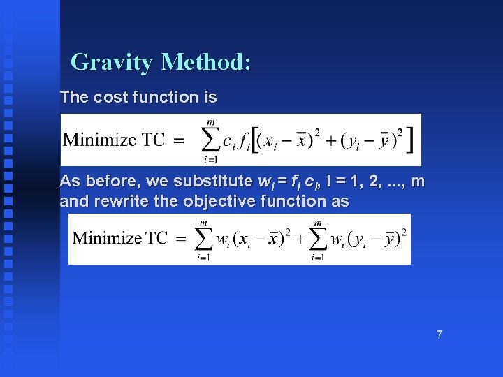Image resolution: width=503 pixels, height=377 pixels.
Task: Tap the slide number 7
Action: point(439,334)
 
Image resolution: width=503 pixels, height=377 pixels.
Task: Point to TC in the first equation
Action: point(153,139)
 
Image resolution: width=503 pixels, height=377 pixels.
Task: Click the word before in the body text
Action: point(109,182)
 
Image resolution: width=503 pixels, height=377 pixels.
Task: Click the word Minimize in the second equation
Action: point(109,238)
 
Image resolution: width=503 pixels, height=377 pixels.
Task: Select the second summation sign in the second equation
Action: point(318,238)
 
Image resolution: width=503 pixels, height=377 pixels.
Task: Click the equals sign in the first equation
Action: point(178,140)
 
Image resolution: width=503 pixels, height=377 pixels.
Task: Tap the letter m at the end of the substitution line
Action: point(417,182)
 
